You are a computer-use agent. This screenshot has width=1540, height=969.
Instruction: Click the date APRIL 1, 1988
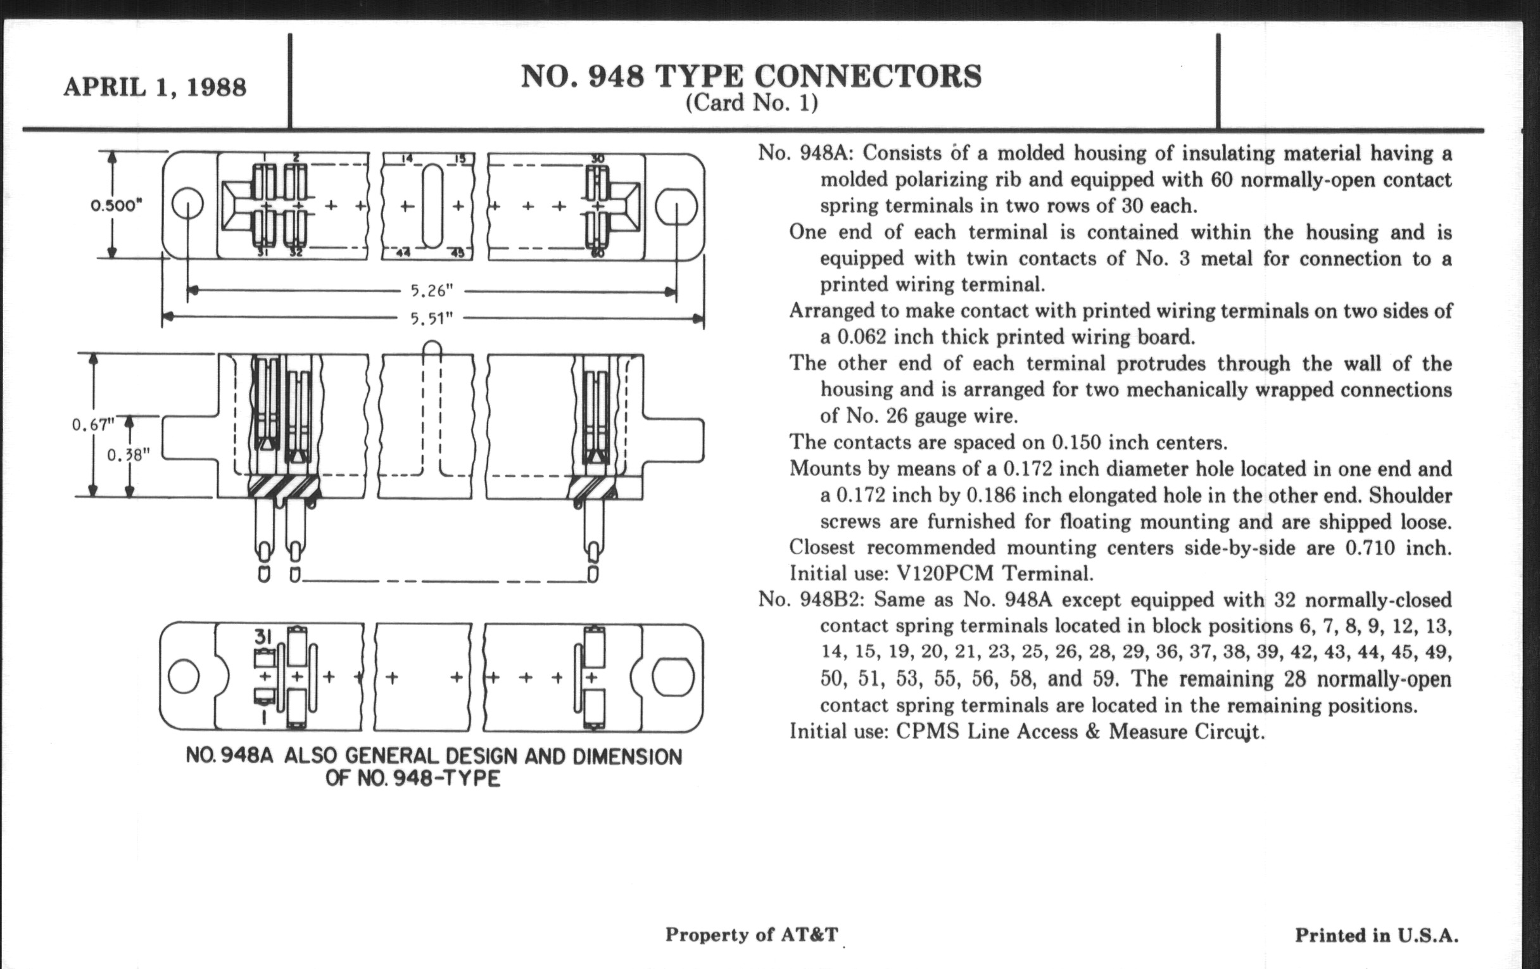click(154, 87)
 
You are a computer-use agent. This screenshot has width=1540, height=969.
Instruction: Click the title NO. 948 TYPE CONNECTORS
click(751, 77)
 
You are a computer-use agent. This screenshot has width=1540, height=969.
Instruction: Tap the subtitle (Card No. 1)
click(752, 103)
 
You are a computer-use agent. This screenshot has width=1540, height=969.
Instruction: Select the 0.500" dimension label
click(116, 205)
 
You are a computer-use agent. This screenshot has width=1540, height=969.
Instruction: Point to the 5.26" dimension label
click(432, 291)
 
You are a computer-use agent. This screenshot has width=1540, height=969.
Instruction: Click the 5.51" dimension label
click(432, 317)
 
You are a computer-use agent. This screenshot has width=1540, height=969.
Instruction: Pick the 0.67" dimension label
click(92, 424)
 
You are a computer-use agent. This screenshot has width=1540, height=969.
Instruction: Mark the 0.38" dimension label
click(128, 455)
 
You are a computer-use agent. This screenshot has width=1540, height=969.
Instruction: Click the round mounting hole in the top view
click(187, 205)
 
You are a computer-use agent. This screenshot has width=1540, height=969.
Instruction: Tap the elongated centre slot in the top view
click(432, 205)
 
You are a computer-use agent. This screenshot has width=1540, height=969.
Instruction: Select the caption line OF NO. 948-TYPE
click(412, 779)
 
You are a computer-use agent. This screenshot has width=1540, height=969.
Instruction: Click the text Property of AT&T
click(751, 934)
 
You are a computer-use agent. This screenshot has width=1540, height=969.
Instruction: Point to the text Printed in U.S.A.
click(1376, 935)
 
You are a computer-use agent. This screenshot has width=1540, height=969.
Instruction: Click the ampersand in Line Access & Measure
click(1092, 731)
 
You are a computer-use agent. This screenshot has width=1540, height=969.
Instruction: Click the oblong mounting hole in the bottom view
click(672, 676)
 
